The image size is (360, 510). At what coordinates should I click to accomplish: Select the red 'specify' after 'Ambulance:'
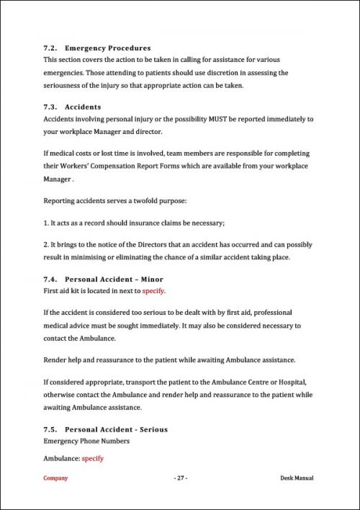pos(93,458)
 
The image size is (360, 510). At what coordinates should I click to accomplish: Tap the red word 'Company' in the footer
pos(55,478)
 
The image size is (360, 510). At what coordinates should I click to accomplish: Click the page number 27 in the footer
pos(180,478)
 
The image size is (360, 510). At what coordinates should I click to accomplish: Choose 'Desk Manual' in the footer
pos(297,478)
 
